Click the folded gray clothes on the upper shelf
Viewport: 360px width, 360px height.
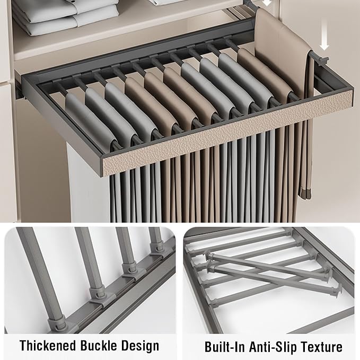coord(67,16)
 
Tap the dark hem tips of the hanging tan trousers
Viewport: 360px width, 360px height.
coord(303,194)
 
